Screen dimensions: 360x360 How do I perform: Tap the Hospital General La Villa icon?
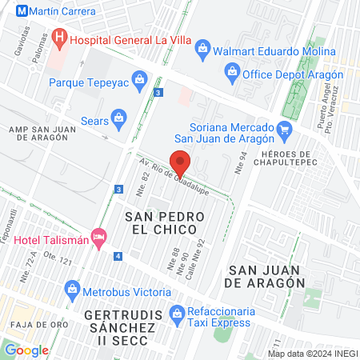[58, 37]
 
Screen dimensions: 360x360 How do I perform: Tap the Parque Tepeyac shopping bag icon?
[140, 80]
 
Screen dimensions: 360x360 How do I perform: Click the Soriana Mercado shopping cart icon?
[282, 128]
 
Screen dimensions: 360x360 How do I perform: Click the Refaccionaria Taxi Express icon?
[180, 312]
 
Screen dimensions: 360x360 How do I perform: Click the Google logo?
[26, 350]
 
